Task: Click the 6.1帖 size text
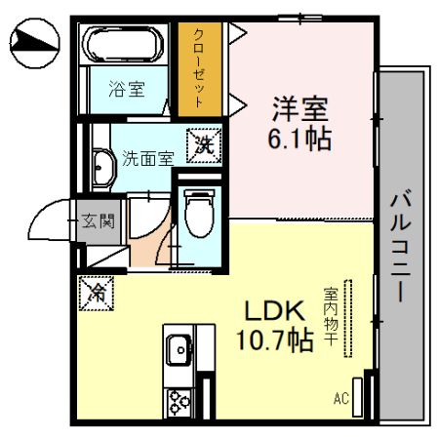click(x=299, y=137)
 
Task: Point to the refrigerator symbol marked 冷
click(x=98, y=290)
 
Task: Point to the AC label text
click(x=340, y=398)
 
